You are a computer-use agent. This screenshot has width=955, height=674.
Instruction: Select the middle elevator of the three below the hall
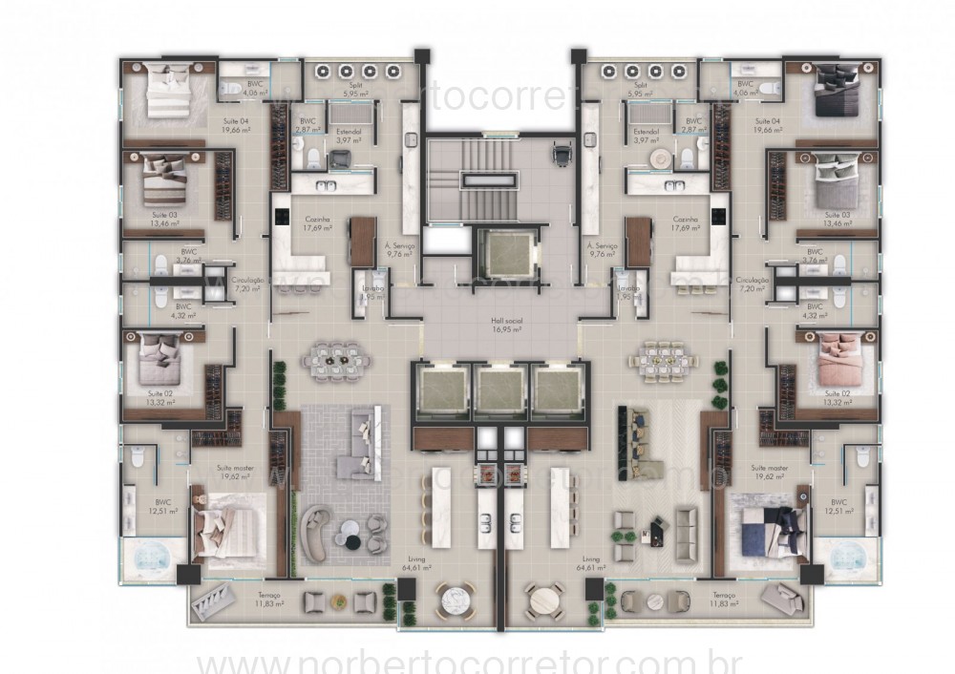tap(500, 390)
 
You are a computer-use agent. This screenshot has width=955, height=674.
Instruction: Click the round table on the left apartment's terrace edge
tap(452, 602)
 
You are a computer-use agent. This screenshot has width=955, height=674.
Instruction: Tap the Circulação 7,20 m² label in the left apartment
tap(247, 284)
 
